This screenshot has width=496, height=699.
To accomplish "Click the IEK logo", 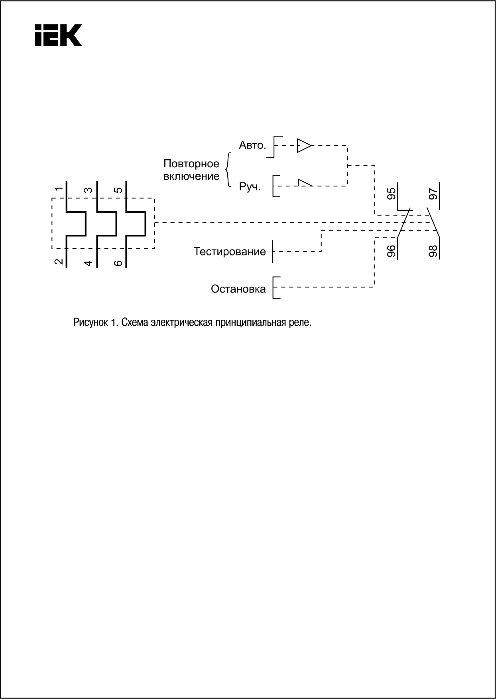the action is pos(58,35).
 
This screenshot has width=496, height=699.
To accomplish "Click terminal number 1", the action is pos(59,189).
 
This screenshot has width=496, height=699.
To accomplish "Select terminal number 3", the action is pos(89,190).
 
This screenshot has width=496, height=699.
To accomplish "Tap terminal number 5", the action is pos(118,190).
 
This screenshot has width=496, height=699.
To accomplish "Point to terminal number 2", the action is pos(59,262).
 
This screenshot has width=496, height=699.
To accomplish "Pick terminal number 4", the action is pos(89,263).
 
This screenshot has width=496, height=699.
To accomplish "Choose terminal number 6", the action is pos(118,263).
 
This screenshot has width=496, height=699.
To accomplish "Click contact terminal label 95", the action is pos(392,194).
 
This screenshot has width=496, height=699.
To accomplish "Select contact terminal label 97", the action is pos(433,194).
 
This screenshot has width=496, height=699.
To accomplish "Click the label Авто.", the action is pos(252,145).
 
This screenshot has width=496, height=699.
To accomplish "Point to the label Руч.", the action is pos(250,187).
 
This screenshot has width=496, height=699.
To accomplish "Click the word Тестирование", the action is pos(230,251).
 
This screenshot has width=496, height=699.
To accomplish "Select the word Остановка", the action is pos(238,289).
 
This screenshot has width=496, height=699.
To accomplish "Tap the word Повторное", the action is pos(191,164).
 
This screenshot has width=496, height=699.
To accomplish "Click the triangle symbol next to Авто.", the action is pos(304,145).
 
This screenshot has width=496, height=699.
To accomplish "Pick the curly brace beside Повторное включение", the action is pos(228,170).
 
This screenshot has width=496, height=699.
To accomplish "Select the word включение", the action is pos(192,176).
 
